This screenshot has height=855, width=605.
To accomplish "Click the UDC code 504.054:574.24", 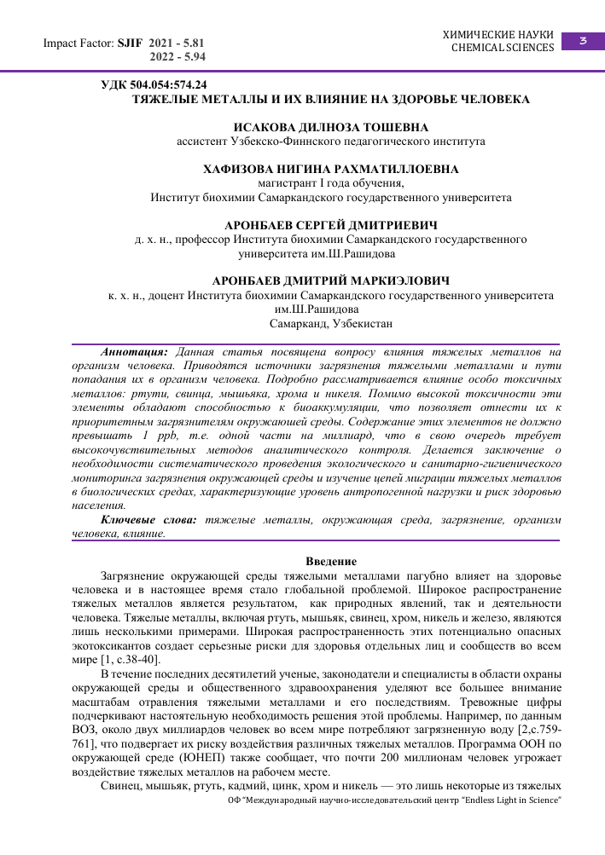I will [x=166, y=84].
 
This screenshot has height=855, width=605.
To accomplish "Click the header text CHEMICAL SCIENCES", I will [x=503, y=48].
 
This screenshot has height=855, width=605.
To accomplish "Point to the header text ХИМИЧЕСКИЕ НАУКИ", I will [x=498, y=35].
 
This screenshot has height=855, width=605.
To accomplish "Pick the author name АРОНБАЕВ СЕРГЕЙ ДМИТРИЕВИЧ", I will [x=330, y=225].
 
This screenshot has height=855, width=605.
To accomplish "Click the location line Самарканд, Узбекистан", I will [x=331, y=324].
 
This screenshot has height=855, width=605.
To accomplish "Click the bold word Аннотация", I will [x=134, y=351].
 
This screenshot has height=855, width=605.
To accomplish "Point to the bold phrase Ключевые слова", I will [x=148, y=518].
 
